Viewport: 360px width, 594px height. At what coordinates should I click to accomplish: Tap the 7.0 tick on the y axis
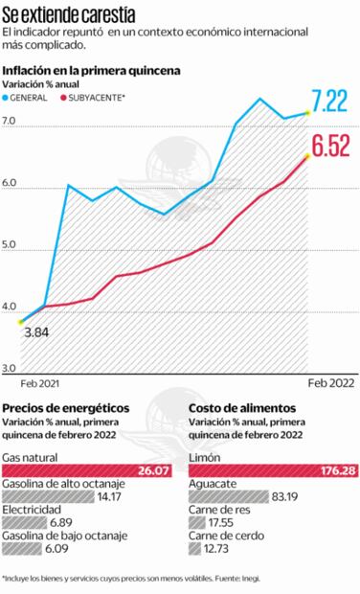click(x=11, y=121)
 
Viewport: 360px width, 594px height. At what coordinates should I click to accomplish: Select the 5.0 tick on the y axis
click(x=11, y=245)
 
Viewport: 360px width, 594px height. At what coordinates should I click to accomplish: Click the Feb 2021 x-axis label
click(x=39, y=382)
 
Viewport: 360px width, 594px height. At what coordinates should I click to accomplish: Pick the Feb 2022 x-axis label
click(x=330, y=382)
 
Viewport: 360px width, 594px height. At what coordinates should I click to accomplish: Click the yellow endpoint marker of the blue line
click(x=307, y=113)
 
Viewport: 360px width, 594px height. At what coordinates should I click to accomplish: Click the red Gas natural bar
click(x=87, y=469)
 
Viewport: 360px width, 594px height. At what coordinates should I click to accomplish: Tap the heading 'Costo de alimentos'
click(x=242, y=407)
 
